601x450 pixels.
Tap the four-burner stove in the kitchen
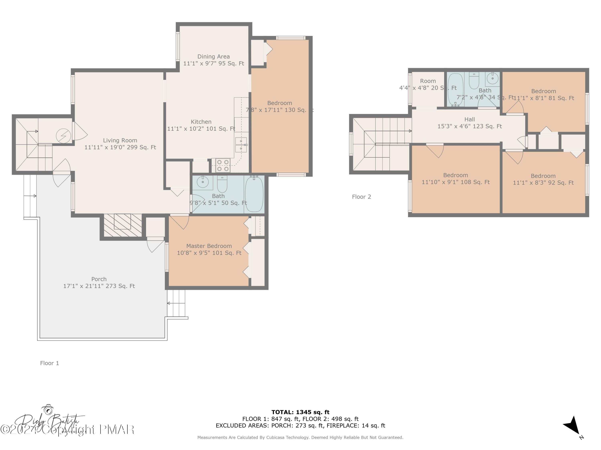pyautogui.click(x=223, y=165)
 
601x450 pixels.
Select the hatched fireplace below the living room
pyautogui.click(x=123, y=225)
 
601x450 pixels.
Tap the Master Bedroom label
pyautogui.click(x=209, y=246)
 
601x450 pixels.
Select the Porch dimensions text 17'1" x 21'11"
pyautogui.click(x=99, y=286)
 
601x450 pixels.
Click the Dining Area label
pyautogui.click(x=213, y=56)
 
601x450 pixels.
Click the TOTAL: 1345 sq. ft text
pyautogui.click(x=300, y=412)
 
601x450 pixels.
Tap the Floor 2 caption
pyautogui.click(x=361, y=197)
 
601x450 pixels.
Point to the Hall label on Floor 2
pyautogui.click(x=470, y=119)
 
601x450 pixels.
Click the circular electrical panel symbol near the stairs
pyautogui.click(x=63, y=136)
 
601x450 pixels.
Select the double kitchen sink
pyautogui.click(x=241, y=145)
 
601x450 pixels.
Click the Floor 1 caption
pyautogui.click(x=49, y=363)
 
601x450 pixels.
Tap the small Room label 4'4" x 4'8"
pyautogui.click(x=428, y=81)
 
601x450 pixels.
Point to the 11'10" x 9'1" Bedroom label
pyautogui.click(x=455, y=178)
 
